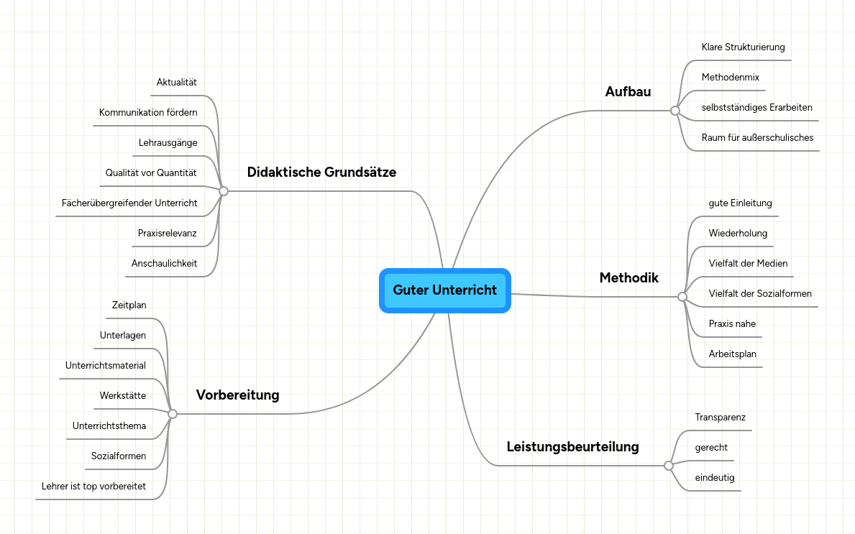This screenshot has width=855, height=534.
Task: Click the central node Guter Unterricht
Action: (445, 290)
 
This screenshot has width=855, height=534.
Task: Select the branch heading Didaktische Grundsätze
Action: (321, 172)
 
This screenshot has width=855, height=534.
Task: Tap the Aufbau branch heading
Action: (628, 91)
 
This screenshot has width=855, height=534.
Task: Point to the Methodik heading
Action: (629, 278)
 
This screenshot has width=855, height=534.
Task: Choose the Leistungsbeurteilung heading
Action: (572, 447)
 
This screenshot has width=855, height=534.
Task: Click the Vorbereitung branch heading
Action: (238, 395)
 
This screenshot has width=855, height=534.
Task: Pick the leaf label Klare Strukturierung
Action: (744, 47)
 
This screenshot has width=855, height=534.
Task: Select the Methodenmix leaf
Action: (731, 78)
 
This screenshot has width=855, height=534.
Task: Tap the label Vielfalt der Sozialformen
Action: (760, 294)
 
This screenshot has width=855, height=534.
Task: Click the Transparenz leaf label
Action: (721, 418)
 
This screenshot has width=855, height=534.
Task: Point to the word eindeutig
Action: (715, 478)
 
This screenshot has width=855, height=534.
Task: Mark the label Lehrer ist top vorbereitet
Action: (93, 486)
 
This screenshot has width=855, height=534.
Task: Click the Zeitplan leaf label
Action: (129, 305)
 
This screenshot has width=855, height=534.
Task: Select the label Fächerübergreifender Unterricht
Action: (129, 203)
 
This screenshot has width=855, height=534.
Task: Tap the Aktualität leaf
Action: (177, 82)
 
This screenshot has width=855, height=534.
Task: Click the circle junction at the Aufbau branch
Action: (675, 111)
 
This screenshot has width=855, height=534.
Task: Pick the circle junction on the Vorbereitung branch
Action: (173, 414)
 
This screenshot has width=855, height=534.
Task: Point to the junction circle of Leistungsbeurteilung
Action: (669, 466)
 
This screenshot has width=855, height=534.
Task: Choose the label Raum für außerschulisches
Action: (757, 138)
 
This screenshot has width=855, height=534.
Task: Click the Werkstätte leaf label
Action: (123, 395)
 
